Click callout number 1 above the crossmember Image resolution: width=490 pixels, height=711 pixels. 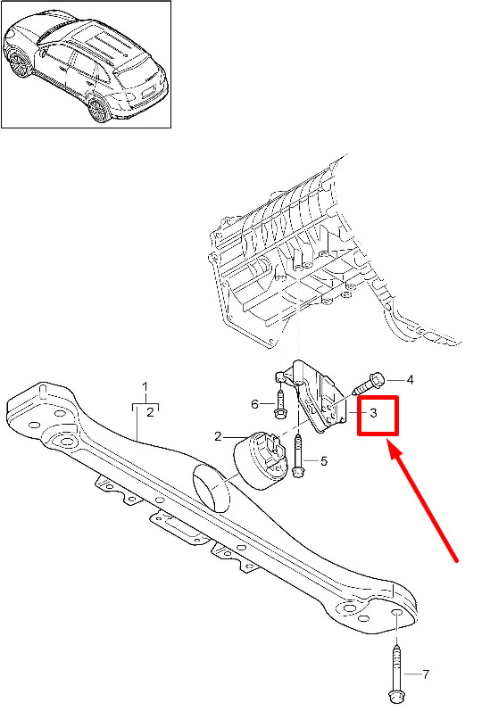[x=145, y=387]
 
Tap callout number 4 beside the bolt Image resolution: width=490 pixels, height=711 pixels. [x=410, y=379]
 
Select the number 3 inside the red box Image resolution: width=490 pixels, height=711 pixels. [x=373, y=413]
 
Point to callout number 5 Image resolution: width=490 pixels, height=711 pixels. [x=323, y=461]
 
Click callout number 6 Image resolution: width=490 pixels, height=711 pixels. [x=254, y=403]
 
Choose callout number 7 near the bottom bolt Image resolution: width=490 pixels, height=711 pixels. [x=426, y=674]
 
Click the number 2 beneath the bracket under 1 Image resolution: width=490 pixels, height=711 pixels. [x=150, y=412]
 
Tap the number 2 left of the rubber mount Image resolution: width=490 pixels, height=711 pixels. [x=218, y=436]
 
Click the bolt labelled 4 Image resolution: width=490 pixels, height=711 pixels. [x=369, y=384]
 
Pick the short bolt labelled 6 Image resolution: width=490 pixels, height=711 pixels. [x=279, y=404]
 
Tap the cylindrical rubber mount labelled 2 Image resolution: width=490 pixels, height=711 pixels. [x=261, y=460]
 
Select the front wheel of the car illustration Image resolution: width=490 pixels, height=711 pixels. [x=18, y=62]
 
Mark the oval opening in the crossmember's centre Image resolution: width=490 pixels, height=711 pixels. [x=212, y=488]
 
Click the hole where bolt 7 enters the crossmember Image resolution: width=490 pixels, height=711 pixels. [x=396, y=614]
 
